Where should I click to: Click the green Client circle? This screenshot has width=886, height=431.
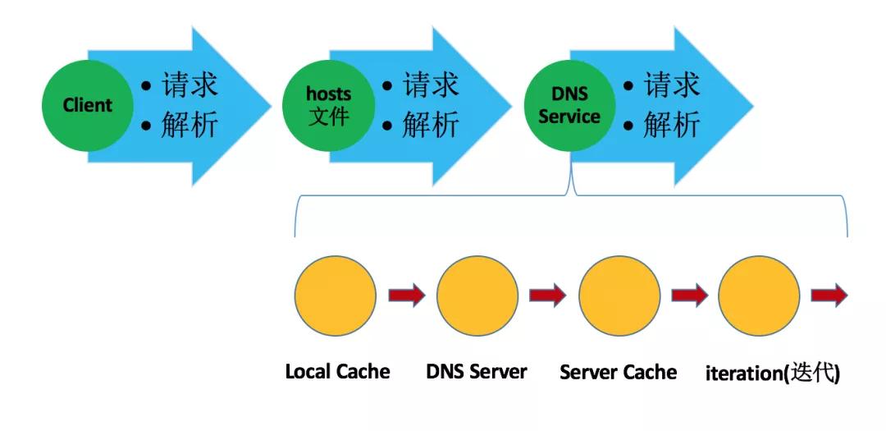tap(87, 106)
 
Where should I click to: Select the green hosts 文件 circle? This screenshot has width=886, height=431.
tap(328, 106)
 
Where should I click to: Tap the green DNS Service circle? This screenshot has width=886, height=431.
tap(569, 106)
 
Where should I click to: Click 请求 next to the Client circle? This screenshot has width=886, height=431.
tap(190, 85)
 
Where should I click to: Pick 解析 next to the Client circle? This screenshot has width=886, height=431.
tap(190, 126)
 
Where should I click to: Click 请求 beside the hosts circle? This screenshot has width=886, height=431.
tap(431, 85)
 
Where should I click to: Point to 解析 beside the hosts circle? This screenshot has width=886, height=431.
tap(431, 126)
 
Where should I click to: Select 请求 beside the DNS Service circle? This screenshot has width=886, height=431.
tap(671, 85)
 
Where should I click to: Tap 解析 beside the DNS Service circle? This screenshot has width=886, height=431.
tap(671, 126)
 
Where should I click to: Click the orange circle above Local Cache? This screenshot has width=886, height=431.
tap(335, 296)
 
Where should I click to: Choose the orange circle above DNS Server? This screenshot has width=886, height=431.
tap(477, 296)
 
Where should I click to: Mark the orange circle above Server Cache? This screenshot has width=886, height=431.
tap(619, 296)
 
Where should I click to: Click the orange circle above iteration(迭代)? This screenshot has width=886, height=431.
tap(759, 296)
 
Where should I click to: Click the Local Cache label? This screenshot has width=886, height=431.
tap(337, 372)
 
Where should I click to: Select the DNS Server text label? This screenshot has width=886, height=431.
tap(477, 372)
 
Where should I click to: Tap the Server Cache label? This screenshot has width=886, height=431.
tap(619, 373)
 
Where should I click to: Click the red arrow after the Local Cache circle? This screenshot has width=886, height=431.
tap(407, 295)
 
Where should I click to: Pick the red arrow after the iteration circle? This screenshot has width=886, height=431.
tap(829, 295)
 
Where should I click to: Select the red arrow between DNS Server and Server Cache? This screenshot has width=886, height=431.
tap(548, 295)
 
